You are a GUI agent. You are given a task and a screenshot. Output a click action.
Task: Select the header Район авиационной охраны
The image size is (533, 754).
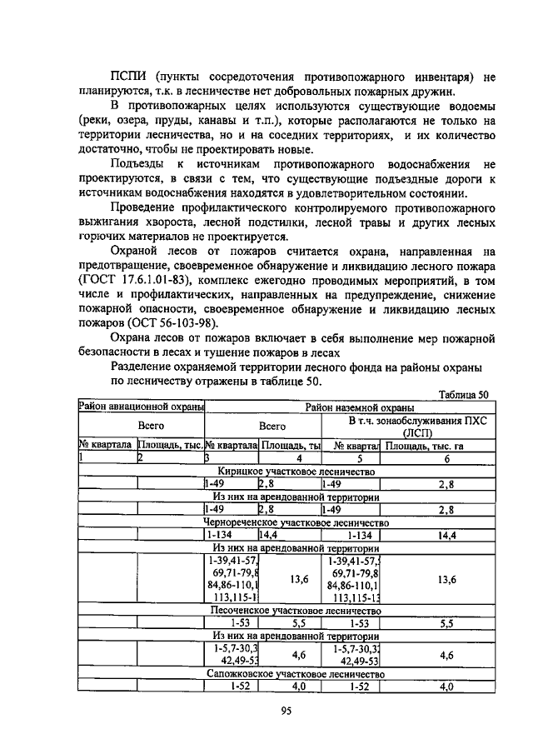142,407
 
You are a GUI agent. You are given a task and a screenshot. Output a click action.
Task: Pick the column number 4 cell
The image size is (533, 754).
288,458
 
